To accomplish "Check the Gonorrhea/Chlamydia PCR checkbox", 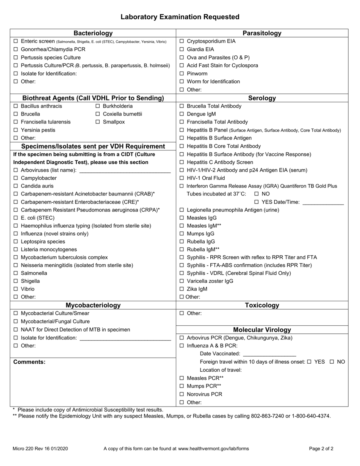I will tap(16, 49).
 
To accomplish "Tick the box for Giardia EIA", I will tap(182, 49).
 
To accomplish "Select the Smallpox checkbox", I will tap(98, 122).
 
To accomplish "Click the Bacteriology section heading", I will tap(93, 33).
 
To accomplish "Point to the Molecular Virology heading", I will tap(262, 330).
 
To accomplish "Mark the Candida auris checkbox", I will tap(16, 186).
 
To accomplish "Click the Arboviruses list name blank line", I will tap(125, 170).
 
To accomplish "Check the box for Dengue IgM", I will tap(182, 114).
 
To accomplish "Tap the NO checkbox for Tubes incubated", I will tap(257, 194).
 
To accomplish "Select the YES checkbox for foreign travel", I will tap(309, 362).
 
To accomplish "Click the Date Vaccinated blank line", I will tap(269, 354).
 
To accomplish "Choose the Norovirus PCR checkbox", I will tap(182, 394).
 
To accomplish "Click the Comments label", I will tap(29, 362).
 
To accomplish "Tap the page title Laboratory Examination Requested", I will tap(180, 17).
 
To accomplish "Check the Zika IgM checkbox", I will tap(182, 289).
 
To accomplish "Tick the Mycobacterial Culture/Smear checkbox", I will tap(16, 313).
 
